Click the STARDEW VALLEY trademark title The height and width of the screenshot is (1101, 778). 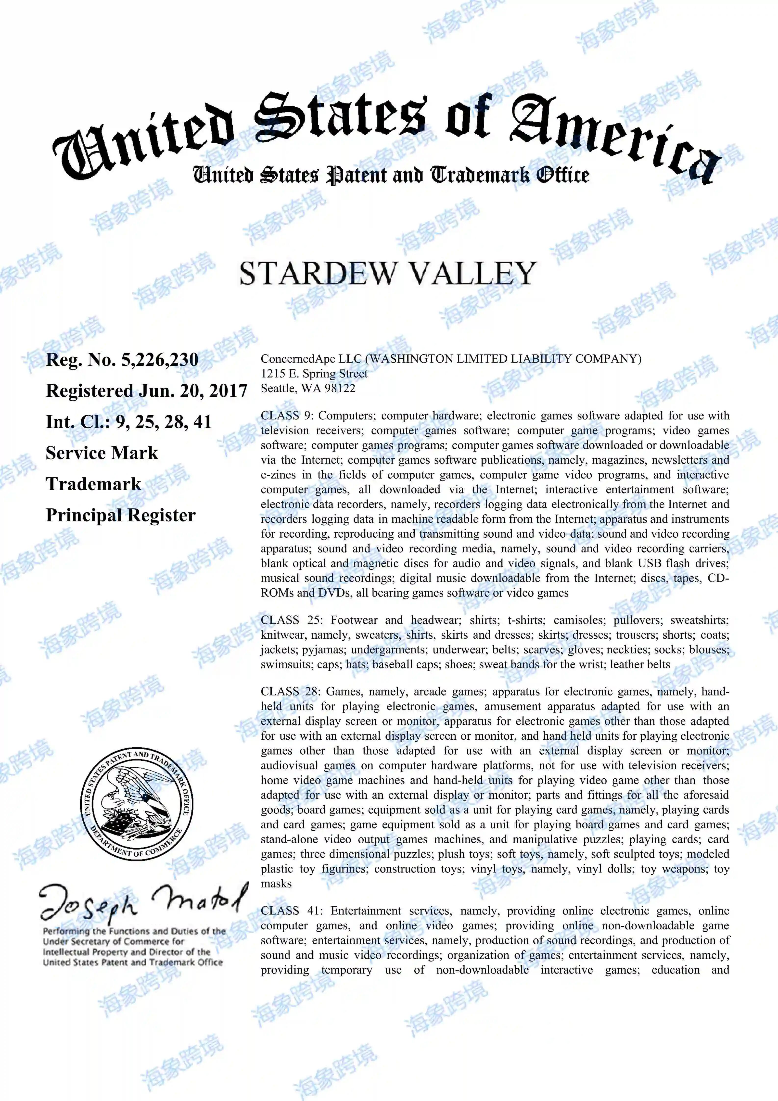[x=388, y=274]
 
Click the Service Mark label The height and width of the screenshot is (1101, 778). [x=102, y=453]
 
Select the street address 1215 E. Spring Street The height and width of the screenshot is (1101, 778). [x=314, y=374]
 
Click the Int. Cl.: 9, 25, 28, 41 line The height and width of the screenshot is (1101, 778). [x=128, y=422]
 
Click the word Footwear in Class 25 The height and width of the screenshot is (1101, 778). [x=354, y=620]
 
